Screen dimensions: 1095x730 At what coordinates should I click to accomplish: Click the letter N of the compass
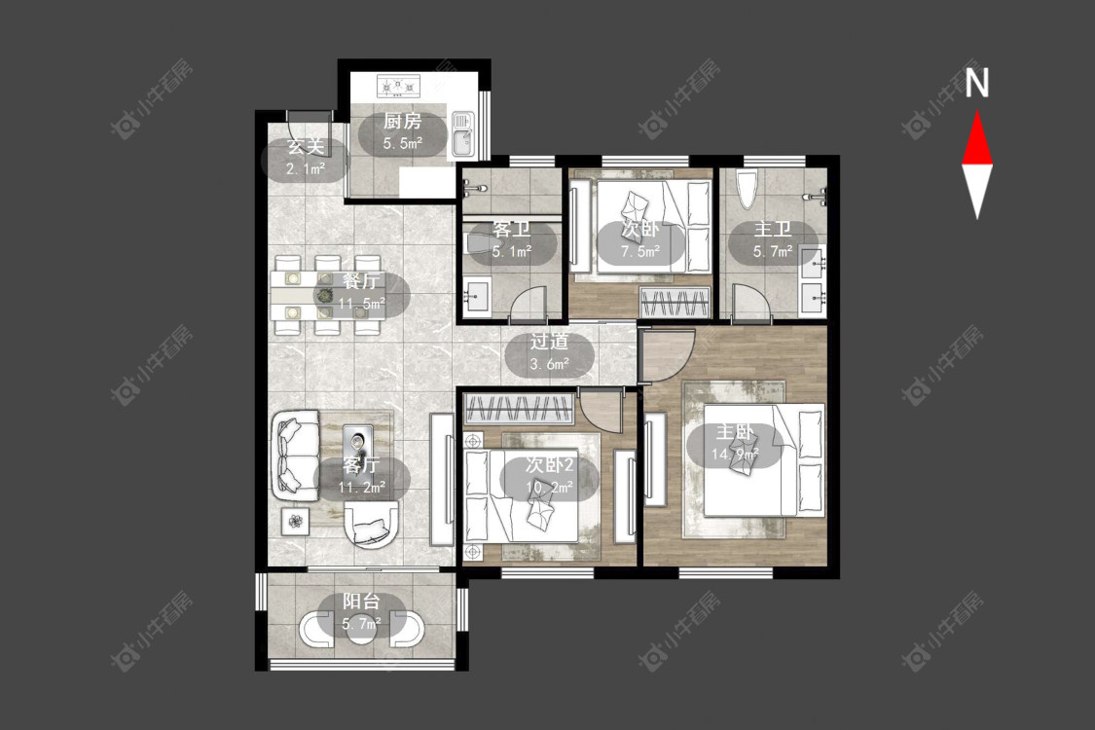[x=976, y=83]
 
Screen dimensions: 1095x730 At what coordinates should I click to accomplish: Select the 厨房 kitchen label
[x=402, y=121]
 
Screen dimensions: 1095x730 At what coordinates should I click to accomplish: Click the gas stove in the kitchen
[x=398, y=86]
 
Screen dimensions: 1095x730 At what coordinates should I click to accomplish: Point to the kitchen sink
[x=462, y=134]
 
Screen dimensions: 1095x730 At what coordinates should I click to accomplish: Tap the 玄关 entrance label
[x=306, y=147]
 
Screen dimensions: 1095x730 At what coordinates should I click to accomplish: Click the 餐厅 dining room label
[x=362, y=281]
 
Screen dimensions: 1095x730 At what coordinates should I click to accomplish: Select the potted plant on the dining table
[x=325, y=295]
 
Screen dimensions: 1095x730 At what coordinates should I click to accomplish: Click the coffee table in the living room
[x=360, y=440]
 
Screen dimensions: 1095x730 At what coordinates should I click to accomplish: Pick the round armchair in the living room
[x=372, y=525]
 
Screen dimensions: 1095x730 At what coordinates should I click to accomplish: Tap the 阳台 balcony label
[x=362, y=602]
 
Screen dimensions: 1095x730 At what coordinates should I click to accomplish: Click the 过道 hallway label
[x=549, y=342]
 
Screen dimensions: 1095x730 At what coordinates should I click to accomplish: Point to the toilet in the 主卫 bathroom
[x=746, y=187]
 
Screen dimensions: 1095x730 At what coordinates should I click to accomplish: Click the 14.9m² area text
[x=735, y=455]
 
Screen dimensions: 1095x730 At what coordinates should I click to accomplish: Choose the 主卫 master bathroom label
[x=773, y=230]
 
